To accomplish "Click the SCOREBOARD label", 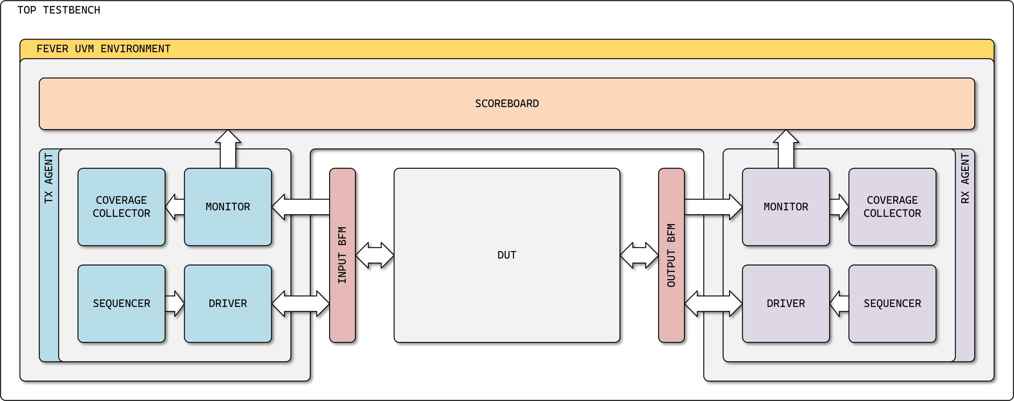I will [x=507, y=104].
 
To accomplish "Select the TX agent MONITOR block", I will [x=228, y=207].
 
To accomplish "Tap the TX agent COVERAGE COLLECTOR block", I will [x=121, y=207].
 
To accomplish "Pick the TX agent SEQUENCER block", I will [x=121, y=304].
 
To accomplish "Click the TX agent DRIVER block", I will [x=228, y=304].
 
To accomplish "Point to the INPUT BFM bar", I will [x=342, y=255].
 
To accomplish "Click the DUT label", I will [x=507, y=255].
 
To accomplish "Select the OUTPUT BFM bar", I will [x=671, y=255].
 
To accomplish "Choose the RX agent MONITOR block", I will [x=786, y=207].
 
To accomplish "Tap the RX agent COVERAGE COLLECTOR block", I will [x=892, y=207].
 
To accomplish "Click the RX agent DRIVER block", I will [x=786, y=304].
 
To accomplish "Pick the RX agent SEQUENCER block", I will [x=892, y=304].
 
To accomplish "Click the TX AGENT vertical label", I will [x=49, y=179].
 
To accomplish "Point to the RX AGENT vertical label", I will [x=965, y=179].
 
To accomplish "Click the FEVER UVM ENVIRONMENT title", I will [x=103, y=49].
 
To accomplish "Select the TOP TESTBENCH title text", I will [x=59, y=10].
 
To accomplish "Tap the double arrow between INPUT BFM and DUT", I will [x=375, y=255].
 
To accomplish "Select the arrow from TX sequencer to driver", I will [x=175, y=304].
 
